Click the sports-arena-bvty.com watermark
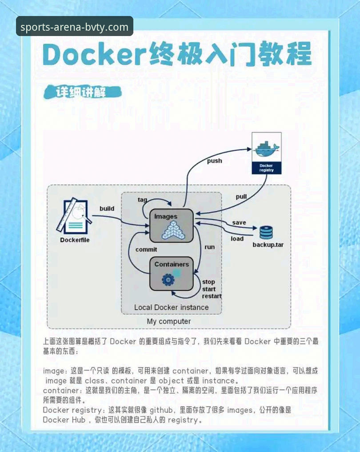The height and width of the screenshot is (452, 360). coord(74,27)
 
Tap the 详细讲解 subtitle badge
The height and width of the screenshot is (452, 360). coord(82,92)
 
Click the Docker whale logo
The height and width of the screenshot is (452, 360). coord(266,149)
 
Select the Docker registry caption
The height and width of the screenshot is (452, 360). coord(266,168)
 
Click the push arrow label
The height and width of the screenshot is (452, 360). coord(215,161)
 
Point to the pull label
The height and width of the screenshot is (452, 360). coord(241,197)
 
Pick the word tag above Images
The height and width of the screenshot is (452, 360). coord(142,200)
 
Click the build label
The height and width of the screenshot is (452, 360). coord(107,208)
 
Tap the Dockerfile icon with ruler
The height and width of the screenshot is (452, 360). coord(74,216)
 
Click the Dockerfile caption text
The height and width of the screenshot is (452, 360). coord(75,240)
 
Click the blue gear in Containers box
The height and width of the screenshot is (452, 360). coord(168,279)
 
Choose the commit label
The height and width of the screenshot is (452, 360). coord(146,250)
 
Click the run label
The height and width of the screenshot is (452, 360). coord(209,247)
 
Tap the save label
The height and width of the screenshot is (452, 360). coord(239,222)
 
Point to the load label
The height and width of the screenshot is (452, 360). coord(237,239)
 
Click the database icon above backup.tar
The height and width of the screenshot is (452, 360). coord(266,233)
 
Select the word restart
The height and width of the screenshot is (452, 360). coord(212,296)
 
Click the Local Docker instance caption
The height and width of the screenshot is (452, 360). coord(172,307)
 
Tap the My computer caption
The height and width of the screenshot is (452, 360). coord(169,321)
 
